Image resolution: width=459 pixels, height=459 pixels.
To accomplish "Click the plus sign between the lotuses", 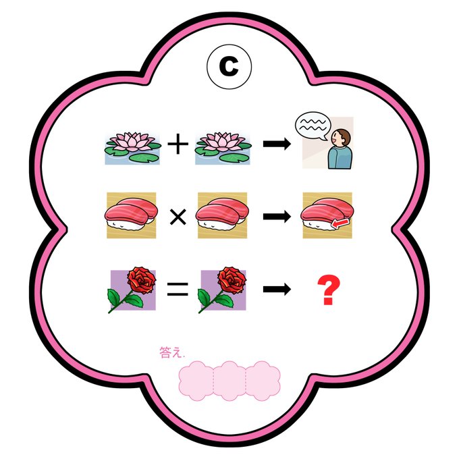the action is tap(178, 145).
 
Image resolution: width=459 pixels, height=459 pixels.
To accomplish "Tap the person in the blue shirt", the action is tap(340, 149).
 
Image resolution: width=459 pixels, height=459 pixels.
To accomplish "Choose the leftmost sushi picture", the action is tap(132, 215).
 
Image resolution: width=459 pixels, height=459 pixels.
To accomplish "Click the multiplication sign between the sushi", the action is tap(178, 217).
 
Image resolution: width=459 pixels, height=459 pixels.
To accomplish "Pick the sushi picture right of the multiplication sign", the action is tap(221, 215).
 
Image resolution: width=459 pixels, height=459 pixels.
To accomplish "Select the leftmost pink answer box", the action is tap(196, 380).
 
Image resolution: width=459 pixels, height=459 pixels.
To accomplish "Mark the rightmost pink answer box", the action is tap(262, 380).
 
